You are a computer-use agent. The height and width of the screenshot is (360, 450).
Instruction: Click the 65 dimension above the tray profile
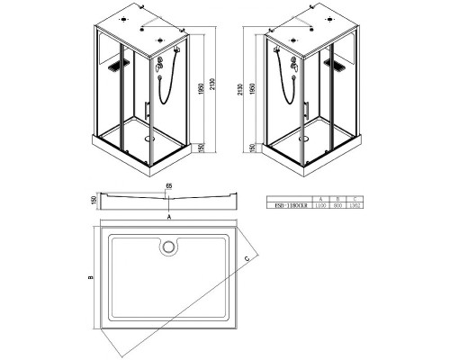coord(168,185)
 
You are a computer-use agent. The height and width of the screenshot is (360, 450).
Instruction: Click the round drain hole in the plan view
coord(168,245)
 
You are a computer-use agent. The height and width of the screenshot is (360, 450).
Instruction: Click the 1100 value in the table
coord(321,204)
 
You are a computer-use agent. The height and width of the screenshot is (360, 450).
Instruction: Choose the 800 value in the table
coord(337,204)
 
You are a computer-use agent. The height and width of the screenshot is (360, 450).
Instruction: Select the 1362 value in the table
coord(353,204)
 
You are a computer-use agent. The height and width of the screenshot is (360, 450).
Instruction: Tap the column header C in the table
coord(353,197)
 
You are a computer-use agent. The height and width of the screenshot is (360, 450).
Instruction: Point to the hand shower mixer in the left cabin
coord(158,64)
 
